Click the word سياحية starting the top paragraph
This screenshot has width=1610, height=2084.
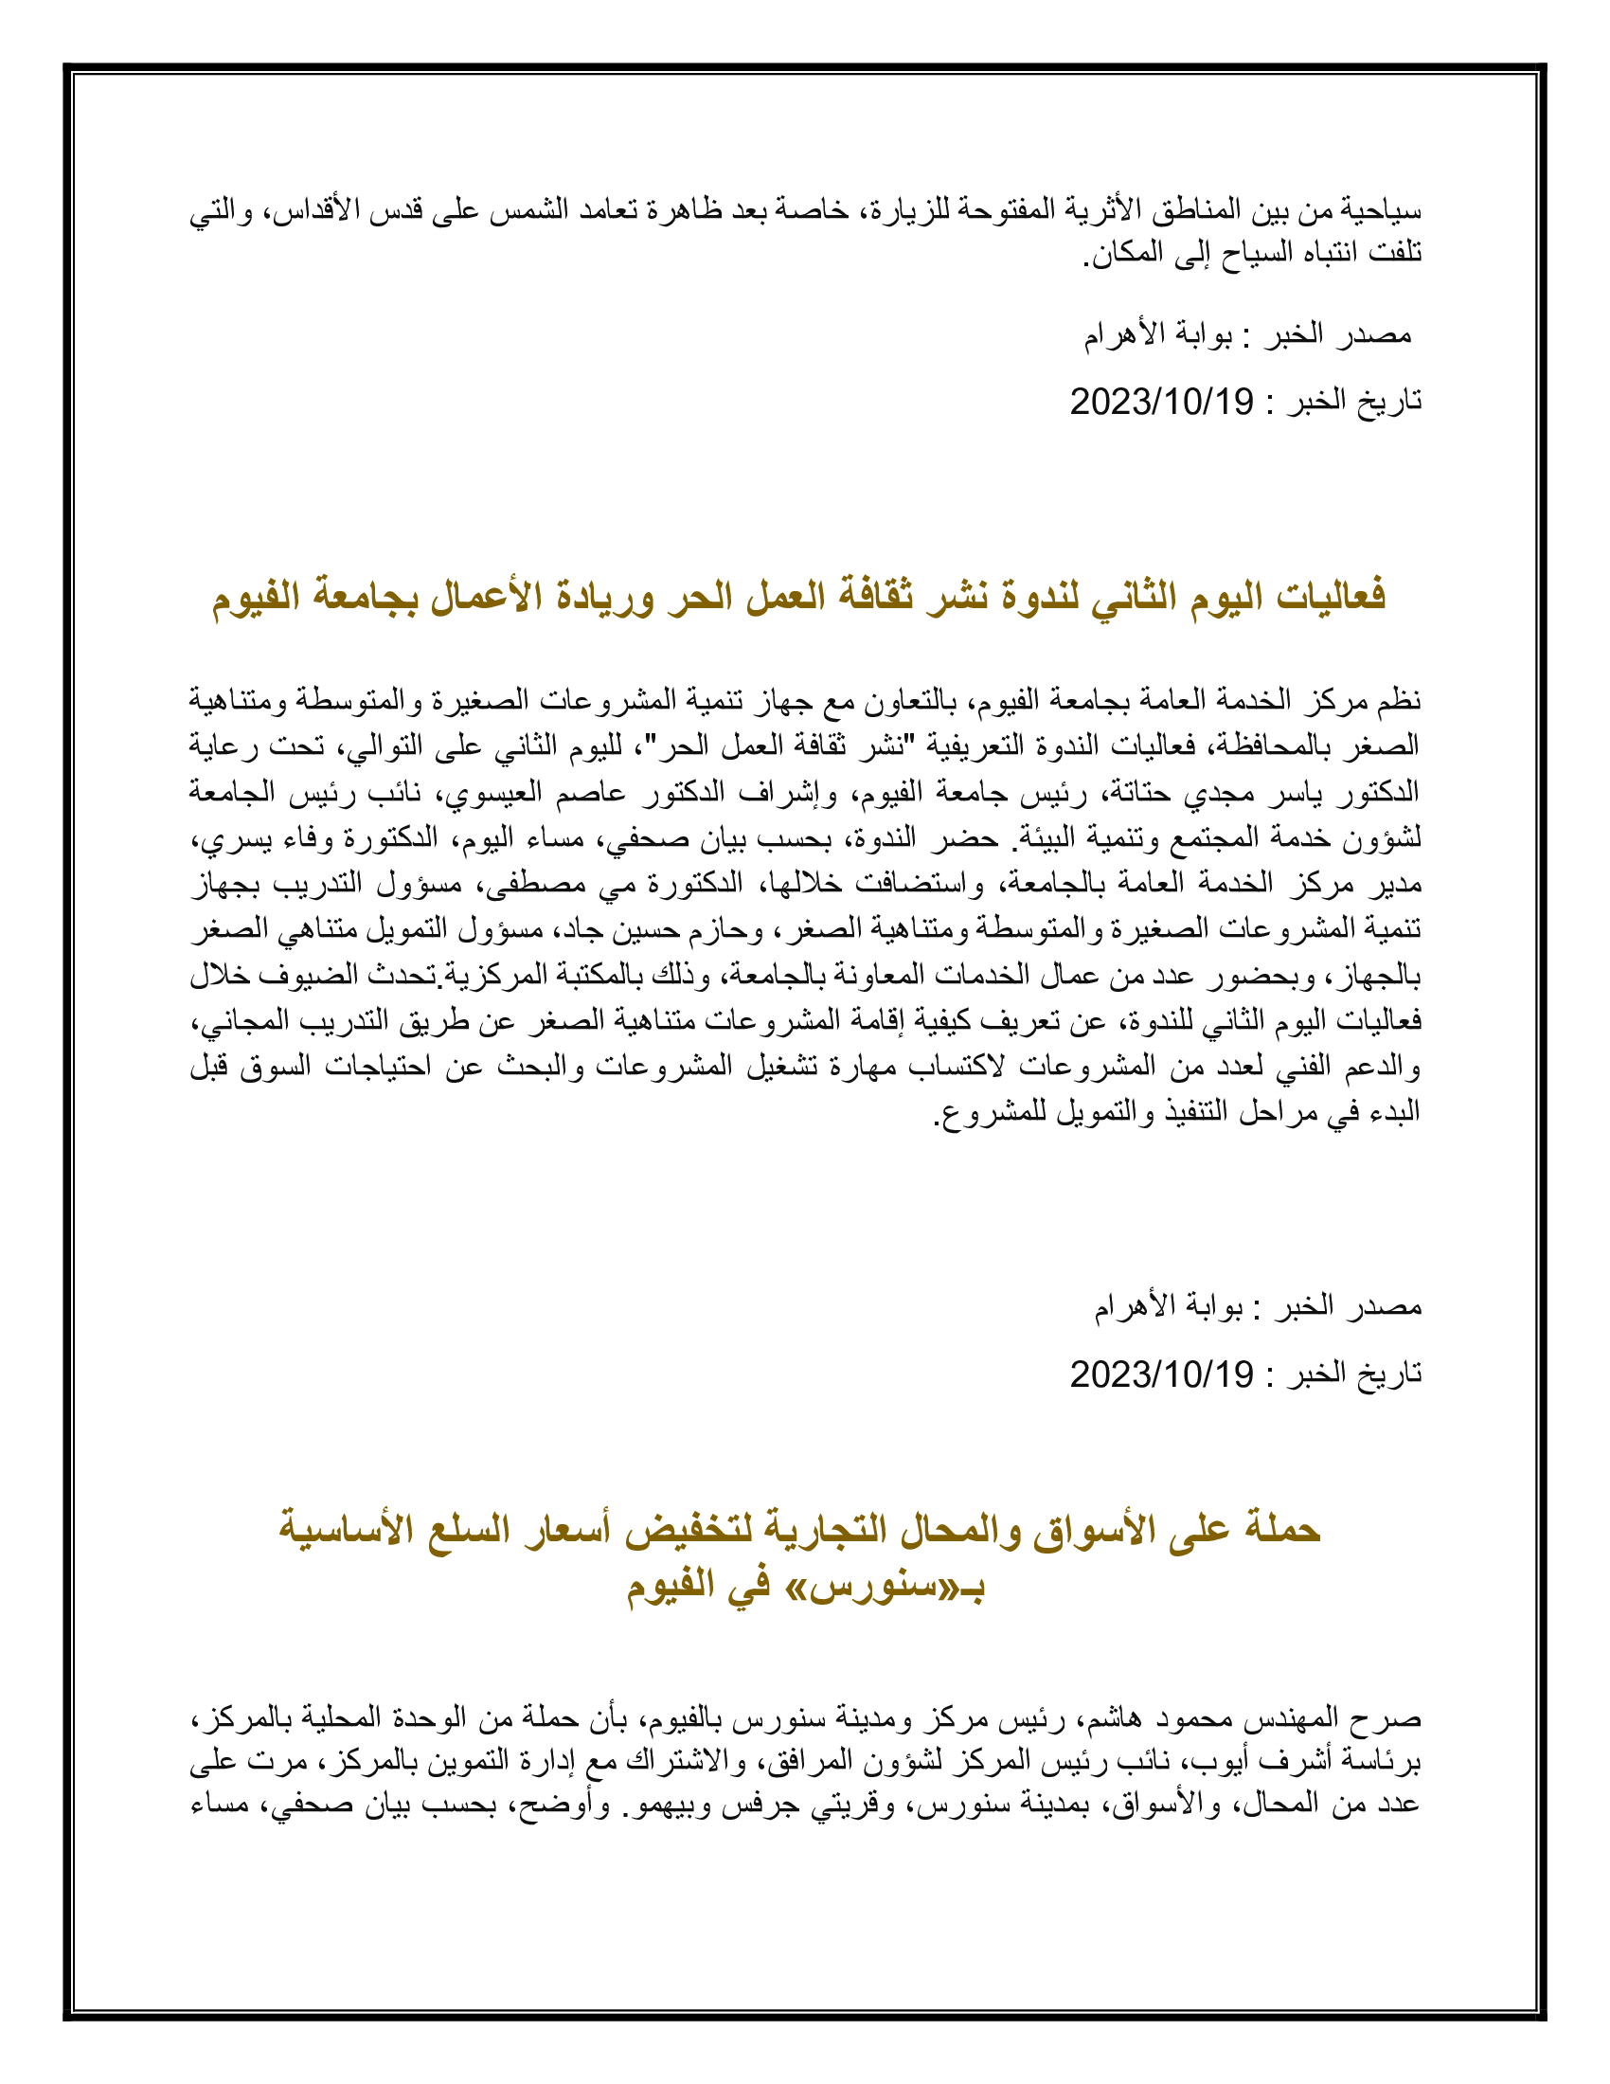click(x=1383, y=209)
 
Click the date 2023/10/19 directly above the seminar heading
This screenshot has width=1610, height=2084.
click(x=1161, y=402)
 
